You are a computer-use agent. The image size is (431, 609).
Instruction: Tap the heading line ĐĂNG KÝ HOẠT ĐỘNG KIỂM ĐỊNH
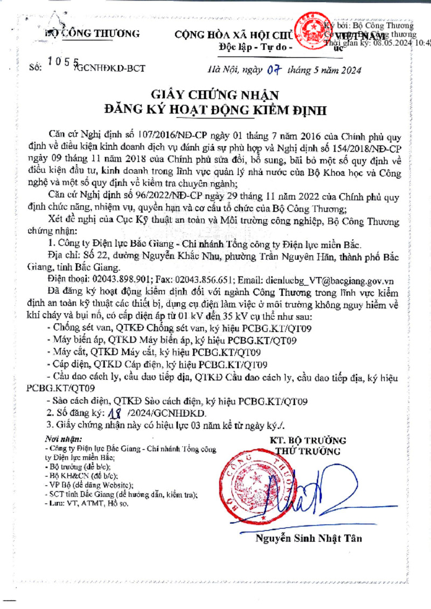215,111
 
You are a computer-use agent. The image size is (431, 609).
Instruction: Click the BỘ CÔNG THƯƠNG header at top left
92,33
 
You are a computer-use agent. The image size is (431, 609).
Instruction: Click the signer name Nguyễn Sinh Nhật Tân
308,538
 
